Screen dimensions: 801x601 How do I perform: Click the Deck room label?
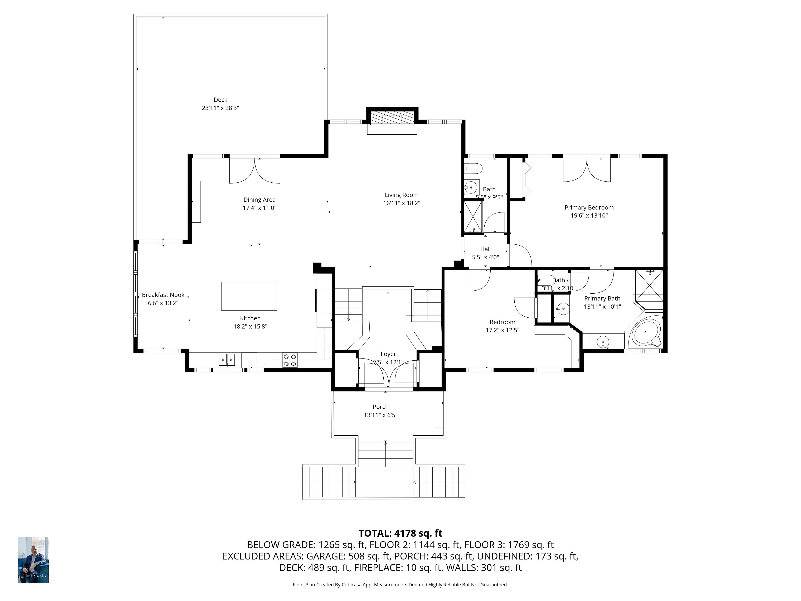tap(220, 100)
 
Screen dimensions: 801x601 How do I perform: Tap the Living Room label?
tap(402, 195)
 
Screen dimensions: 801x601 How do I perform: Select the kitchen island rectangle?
tap(249, 296)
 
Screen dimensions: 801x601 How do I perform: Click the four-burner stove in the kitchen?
tap(290, 360)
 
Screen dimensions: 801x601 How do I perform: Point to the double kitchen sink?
tap(227, 360)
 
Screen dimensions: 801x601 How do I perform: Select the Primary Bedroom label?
tap(589, 208)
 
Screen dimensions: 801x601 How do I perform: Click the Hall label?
tap(486, 249)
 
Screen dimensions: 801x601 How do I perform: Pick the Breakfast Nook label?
tap(163, 295)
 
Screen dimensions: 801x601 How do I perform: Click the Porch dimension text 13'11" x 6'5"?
tap(381, 415)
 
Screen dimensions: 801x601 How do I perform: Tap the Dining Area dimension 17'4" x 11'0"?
tap(260, 208)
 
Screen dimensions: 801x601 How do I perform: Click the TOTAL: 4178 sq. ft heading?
tap(400, 533)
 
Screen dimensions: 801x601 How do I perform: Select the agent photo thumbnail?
tap(33, 560)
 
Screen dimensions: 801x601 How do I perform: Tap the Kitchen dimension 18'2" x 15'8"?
tap(250, 326)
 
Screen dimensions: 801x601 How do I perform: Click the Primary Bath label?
tap(602, 298)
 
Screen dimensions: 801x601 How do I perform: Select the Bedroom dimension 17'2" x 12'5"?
tap(503, 330)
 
